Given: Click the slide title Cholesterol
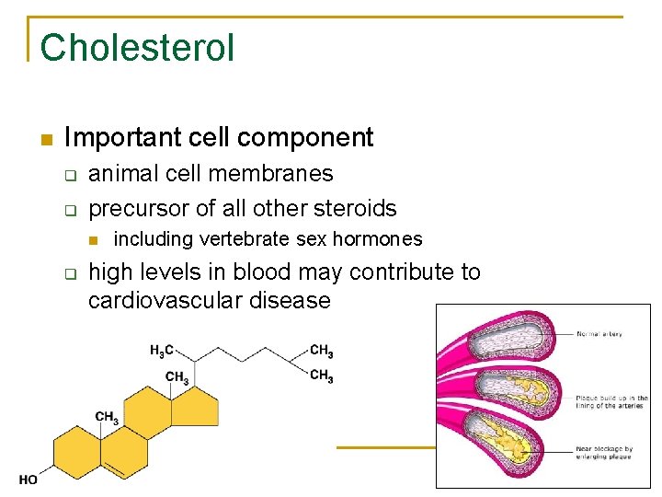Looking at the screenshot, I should [137, 47].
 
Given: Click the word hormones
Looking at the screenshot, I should [377, 239].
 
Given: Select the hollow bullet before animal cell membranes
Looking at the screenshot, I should [69, 175].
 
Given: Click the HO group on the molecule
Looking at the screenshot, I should [29, 480].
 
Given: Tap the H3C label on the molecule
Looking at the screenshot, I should [161, 351].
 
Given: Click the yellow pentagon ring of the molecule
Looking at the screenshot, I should [198, 406].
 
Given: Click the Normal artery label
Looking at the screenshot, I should [600, 334].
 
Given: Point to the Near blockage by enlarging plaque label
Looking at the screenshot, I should [606, 453].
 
